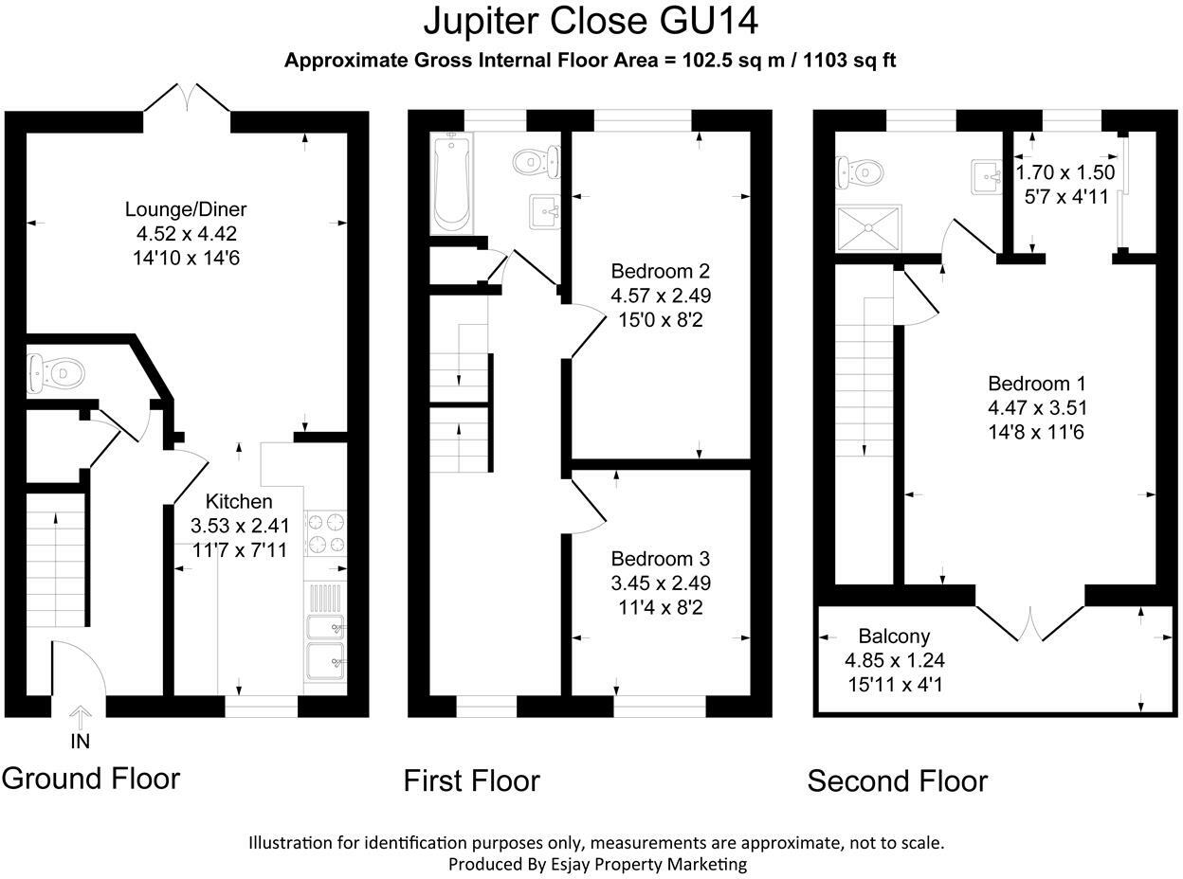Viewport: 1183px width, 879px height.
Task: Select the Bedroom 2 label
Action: (x=661, y=270)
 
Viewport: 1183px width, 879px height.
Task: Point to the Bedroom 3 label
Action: (x=661, y=559)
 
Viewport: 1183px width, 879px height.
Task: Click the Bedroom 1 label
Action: (x=1037, y=384)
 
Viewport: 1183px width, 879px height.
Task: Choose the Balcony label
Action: (x=894, y=637)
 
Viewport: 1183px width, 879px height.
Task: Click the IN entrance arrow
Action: (x=81, y=717)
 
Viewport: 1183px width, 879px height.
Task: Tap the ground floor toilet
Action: (x=50, y=372)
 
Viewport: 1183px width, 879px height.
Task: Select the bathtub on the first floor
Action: (x=452, y=182)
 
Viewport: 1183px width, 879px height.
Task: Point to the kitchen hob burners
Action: (x=325, y=531)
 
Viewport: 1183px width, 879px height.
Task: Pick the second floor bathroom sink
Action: (x=987, y=176)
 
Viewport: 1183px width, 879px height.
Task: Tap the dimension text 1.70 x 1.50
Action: (x=1065, y=173)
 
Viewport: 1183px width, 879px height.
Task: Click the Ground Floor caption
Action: (x=91, y=779)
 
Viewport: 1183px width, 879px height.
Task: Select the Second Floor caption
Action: (x=897, y=781)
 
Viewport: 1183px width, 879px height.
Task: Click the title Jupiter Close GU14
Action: (x=591, y=21)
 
